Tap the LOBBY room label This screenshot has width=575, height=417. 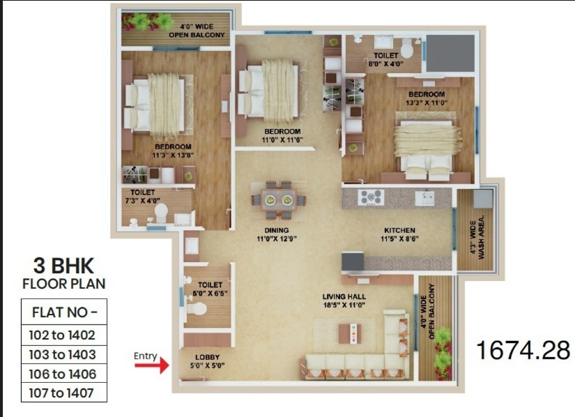coord(207,357)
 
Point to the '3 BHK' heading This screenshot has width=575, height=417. coord(63,266)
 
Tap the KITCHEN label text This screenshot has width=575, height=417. coord(399,230)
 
